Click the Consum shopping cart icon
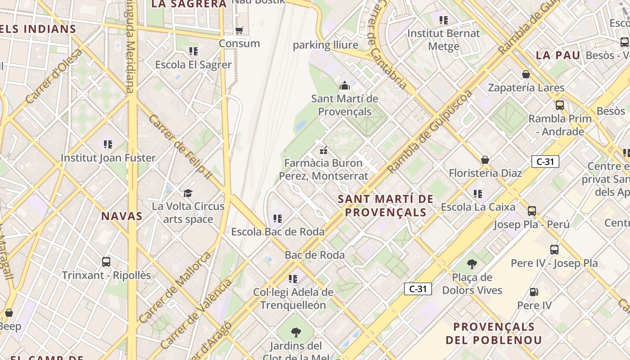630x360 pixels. [x=239, y=30]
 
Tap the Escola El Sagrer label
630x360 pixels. [x=193, y=65]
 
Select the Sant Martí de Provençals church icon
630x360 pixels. [x=345, y=85]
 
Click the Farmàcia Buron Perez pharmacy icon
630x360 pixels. [x=323, y=150]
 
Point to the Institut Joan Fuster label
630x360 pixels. [x=108, y=158]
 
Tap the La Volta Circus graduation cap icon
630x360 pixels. [x=188, y=193]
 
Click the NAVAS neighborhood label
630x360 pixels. [x=122, y=216]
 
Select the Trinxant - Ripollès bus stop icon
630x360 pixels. [x=106, y=261]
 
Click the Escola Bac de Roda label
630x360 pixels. [x=278, y=232]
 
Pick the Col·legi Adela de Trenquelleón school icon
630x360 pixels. [x=293, y=279]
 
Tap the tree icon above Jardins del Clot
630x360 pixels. [x=296, y=333]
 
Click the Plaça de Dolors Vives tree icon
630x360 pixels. [x=472, y=264]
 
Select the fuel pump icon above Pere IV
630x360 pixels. [x=534, y=292]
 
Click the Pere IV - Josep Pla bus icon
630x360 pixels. [x=554, y=250]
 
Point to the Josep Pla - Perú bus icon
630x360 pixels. [x=532, y=211]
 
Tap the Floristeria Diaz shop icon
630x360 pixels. [x=485, y=160]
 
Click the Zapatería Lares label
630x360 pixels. [x=526, y=88]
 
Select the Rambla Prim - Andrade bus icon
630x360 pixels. [x=560, y=105]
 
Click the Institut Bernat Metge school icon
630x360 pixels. [x=444, y=20]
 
